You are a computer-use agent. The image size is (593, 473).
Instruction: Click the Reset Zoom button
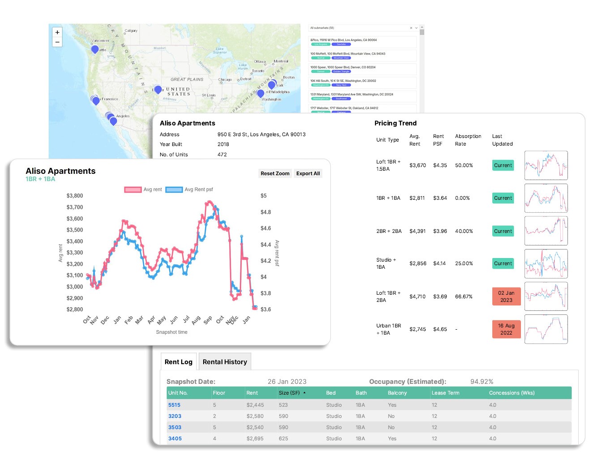pos(275,173)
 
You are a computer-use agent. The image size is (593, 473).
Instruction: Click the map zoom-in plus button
pos(57,32)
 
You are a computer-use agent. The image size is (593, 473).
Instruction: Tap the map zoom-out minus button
pos(57,42)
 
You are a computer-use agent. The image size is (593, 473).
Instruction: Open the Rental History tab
pos(225,362)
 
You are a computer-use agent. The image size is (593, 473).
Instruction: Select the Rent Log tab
pos(178,362)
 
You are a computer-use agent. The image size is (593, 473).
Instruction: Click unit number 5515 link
pos(174,405)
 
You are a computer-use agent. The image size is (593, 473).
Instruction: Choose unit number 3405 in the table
pos(175,439)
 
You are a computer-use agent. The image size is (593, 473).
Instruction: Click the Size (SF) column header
pos(289,393)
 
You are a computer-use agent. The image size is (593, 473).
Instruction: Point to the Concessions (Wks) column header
pos(512,393)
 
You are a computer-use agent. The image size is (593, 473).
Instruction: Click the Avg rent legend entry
pos(143,189)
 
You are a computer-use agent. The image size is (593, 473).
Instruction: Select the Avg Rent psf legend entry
pos(189,189)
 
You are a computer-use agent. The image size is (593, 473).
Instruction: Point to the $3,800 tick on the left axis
pos(75,196)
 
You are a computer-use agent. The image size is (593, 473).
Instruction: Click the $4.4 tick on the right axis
pos(265,245)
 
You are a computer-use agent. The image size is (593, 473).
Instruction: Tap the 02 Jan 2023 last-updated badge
pos(506,297)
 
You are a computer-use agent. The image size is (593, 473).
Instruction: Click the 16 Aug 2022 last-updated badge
pos(506,329)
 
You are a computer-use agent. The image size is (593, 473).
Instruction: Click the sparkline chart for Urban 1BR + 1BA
pos(546,329)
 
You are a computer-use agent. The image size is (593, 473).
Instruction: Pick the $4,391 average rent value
pos(417,231)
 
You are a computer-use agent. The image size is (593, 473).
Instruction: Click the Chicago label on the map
pos(225,80)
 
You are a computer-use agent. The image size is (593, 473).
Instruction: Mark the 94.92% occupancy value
pos(482,382)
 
